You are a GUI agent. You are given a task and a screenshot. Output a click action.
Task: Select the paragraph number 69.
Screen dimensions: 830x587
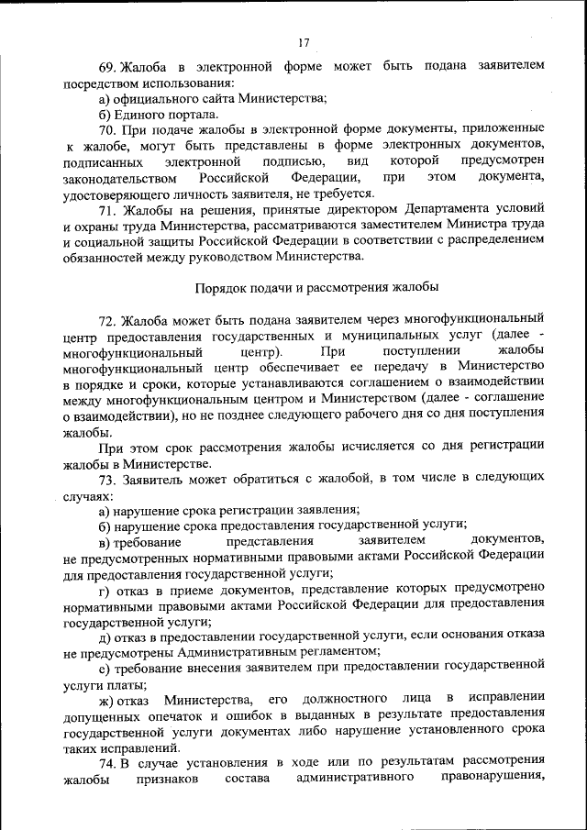click(x=108, y=67)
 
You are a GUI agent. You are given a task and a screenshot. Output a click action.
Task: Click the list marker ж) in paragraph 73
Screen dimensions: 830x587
click(x=108, y=700)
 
